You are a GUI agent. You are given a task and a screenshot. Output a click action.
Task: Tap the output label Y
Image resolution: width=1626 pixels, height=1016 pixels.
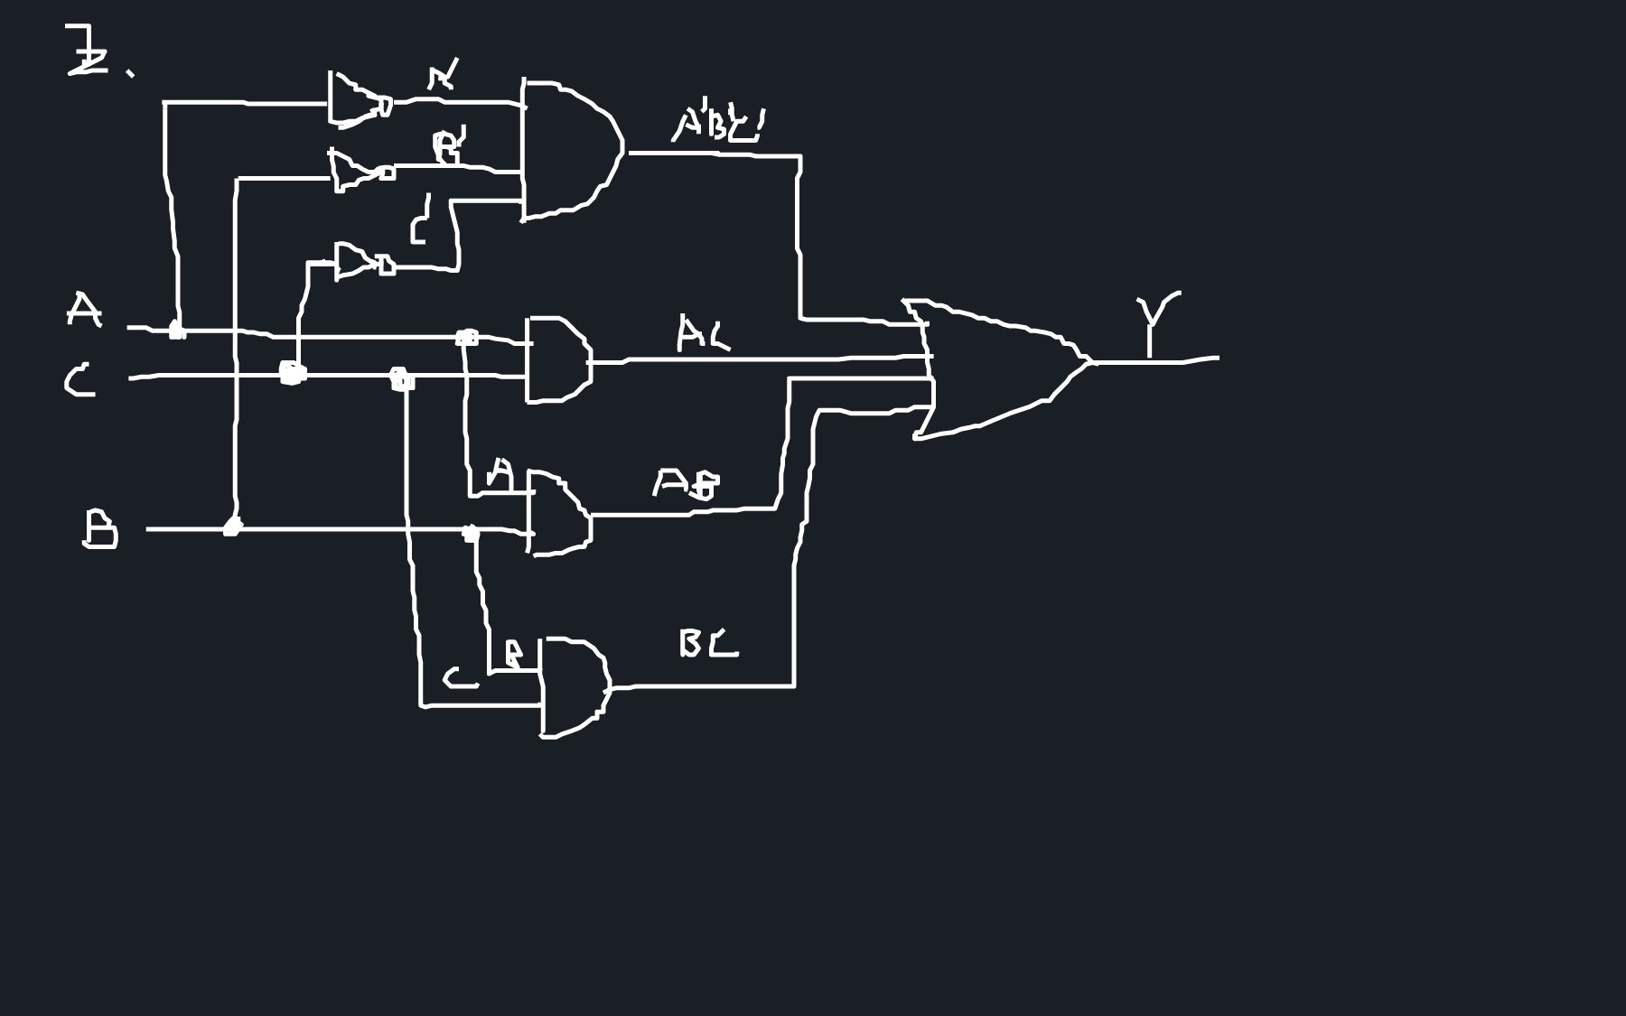point(1156,321)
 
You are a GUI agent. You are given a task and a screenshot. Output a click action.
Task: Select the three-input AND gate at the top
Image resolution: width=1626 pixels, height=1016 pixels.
point(569,149)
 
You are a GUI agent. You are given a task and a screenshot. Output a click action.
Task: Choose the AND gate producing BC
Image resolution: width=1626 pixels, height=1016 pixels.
point(574,686)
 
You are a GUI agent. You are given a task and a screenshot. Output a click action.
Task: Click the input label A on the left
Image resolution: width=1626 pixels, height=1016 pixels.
point(83,310)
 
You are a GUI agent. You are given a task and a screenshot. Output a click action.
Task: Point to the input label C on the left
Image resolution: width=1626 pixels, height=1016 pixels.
point(79,380)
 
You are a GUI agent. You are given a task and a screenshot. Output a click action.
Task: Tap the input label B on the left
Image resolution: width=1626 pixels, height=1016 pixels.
point(99,528)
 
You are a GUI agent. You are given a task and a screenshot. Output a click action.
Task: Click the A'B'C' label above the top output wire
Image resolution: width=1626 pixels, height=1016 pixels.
point(718,125)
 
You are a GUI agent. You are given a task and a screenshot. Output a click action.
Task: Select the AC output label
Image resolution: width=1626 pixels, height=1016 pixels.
point(702,333)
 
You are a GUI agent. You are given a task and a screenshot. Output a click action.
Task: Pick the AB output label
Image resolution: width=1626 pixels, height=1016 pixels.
point(687,484)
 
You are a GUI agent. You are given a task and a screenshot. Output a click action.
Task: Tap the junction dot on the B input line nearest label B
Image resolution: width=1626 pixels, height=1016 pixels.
point(232,527)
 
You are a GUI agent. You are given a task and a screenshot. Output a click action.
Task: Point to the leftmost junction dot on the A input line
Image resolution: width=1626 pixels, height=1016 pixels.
point(177,330)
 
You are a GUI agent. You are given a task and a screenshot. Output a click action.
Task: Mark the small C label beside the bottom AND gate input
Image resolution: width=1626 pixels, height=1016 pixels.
point(459,678)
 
